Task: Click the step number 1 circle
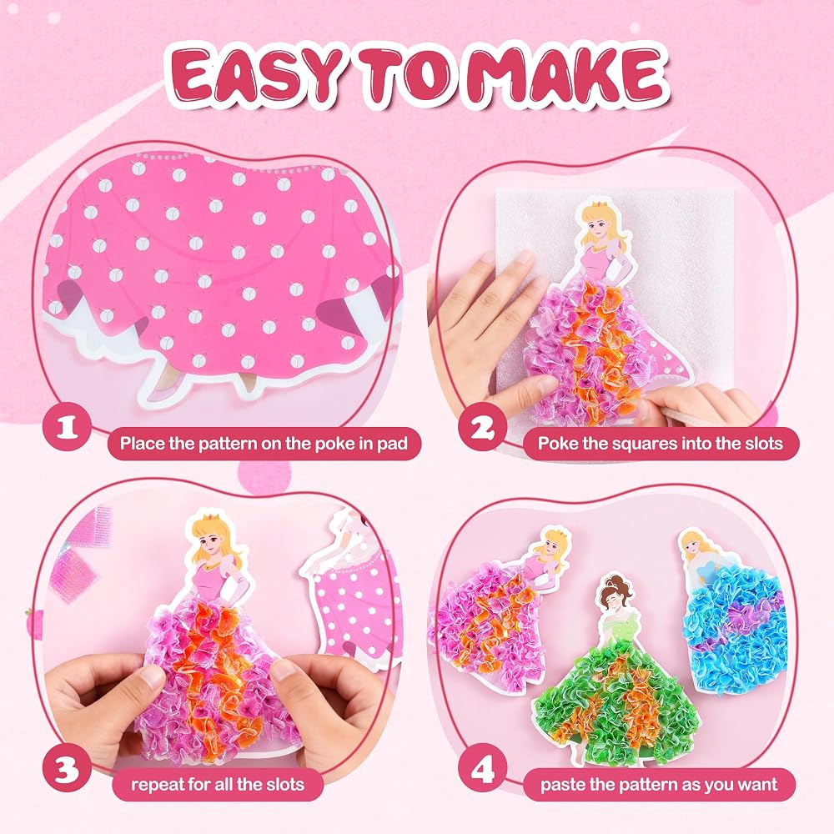tap(67, 427)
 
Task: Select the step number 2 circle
tap(481, 428)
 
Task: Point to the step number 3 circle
tap(67, 769)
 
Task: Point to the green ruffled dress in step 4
tap(617, 701)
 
